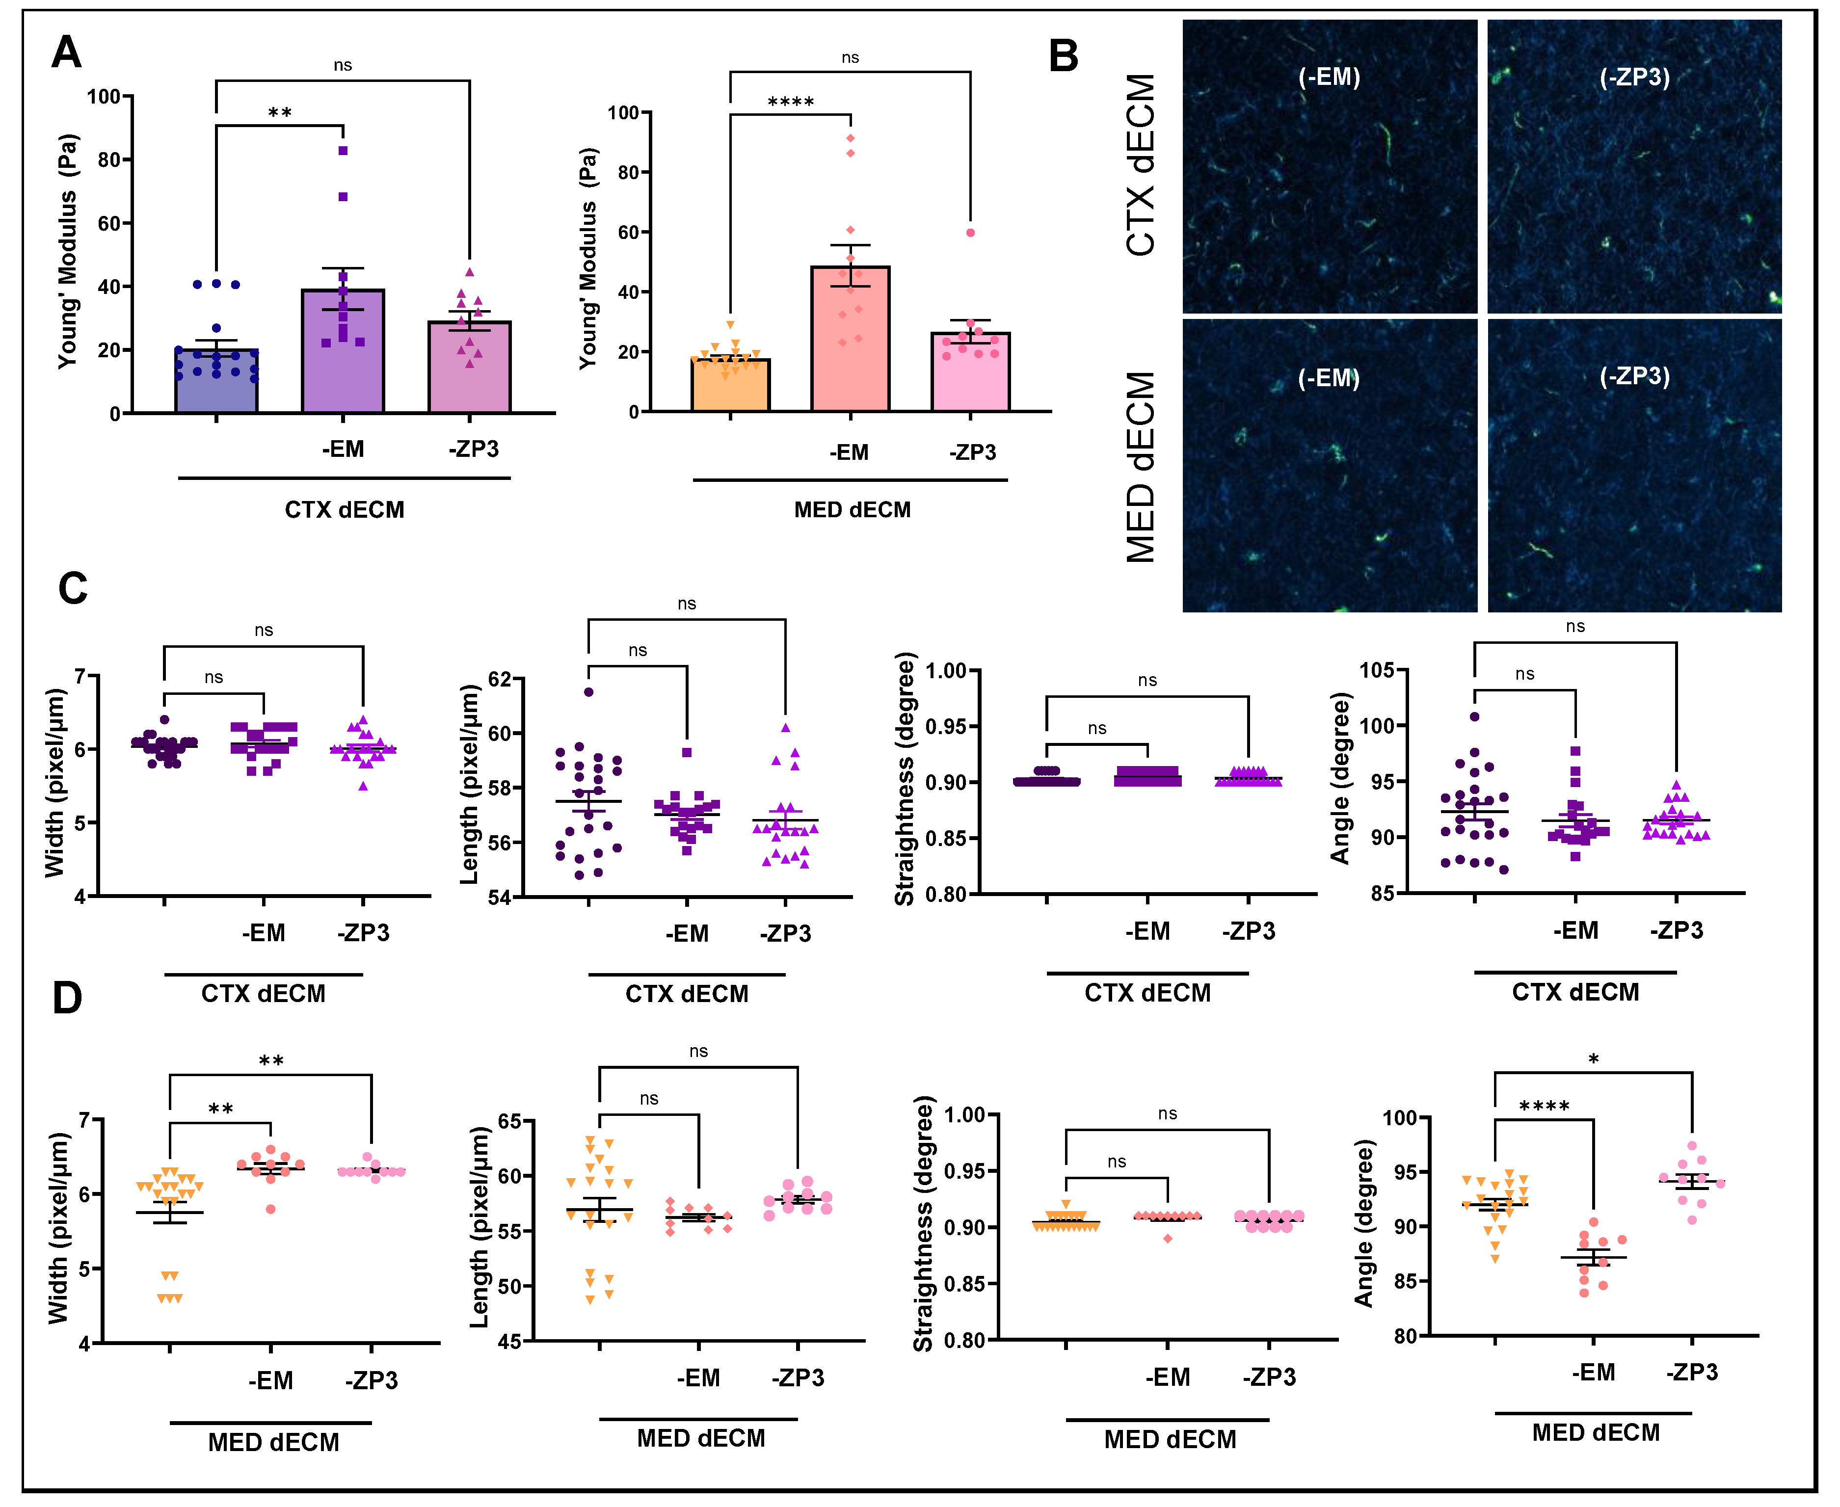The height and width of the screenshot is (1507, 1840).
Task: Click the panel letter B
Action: point(1063,55)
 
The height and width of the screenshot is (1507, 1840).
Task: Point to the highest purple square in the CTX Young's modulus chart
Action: point(343,151)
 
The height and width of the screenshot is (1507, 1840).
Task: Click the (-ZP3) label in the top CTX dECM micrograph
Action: point(1634,77)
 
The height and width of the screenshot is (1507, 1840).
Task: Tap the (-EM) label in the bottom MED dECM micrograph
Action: point(1329,378)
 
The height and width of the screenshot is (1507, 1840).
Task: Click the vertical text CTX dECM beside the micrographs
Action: point(1140,165)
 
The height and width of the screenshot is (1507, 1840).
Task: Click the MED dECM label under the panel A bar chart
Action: point(852,509)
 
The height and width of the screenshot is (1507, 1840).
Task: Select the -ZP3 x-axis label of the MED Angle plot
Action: point(1691,1373)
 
